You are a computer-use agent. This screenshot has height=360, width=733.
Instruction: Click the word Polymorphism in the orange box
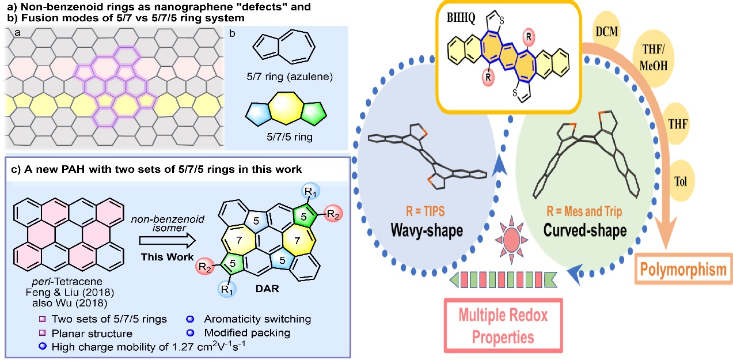tap(683, 270)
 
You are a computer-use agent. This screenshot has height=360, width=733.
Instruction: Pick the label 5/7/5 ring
tap(280, 138)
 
